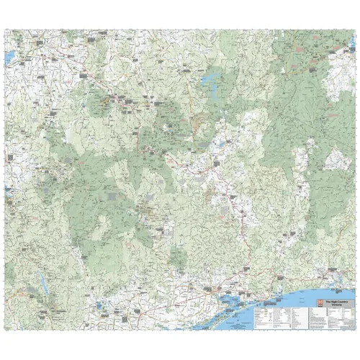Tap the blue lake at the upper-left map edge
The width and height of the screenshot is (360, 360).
click(9, 55)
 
